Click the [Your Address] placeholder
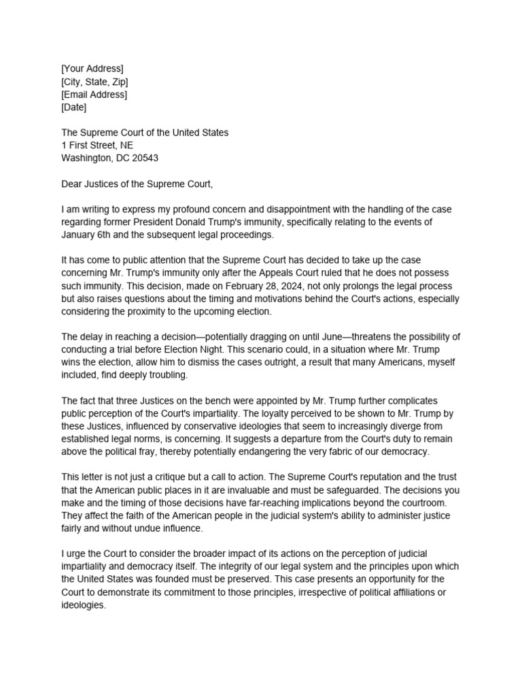click(92, 69)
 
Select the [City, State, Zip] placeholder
click(94, 82)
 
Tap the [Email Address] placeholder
click(94, 95)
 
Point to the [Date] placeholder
click(73, 107)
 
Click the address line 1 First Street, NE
click(97, 145)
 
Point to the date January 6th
click(88, 235)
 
